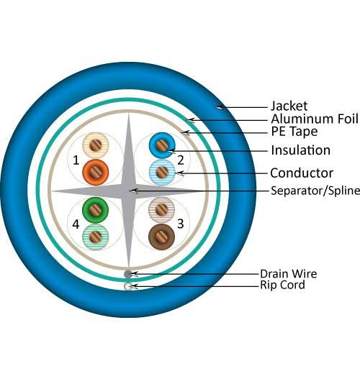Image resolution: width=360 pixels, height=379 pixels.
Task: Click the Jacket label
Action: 289,106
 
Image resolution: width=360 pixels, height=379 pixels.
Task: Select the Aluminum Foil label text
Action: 315,119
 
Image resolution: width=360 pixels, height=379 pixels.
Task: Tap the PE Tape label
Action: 294,132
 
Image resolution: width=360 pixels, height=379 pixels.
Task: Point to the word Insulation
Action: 301,150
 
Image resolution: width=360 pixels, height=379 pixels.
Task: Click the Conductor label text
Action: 302,173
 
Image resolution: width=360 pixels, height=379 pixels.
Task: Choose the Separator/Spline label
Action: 315,191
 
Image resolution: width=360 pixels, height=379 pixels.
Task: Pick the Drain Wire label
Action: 289,274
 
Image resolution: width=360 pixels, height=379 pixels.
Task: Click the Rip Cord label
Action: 282,285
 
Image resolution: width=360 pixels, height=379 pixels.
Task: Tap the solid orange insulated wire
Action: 95,173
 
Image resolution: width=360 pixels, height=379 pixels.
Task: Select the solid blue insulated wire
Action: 162,145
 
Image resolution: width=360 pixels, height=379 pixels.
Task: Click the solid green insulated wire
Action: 95,210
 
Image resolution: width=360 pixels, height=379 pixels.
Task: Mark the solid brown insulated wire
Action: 161,237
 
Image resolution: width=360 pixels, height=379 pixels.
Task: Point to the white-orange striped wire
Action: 95,145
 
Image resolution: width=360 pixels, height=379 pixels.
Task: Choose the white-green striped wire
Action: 95,237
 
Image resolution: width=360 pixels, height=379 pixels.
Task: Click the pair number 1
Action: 76,160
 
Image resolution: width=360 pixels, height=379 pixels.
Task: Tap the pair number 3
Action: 181,224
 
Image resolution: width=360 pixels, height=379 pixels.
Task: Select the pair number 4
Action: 76,224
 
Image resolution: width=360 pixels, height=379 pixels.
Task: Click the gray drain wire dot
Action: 128,274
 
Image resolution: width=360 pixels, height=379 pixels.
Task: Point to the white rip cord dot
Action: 128,286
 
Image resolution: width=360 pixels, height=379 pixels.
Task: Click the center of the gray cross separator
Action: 129,191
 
